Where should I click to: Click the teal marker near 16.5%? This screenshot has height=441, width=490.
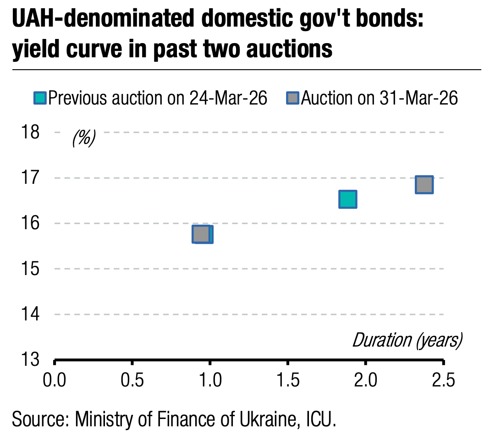pos(348,199)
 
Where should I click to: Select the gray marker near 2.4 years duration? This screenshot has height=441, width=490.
pos(424,185)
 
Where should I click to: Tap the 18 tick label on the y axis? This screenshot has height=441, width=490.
pos(31,132)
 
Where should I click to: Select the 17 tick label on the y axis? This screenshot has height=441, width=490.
pos(31,178)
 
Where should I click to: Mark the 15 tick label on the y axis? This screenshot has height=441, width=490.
pos(31,269)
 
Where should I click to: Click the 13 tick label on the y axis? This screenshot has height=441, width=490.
pos(31,359)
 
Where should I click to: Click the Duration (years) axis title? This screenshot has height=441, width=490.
pos(407,341)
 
